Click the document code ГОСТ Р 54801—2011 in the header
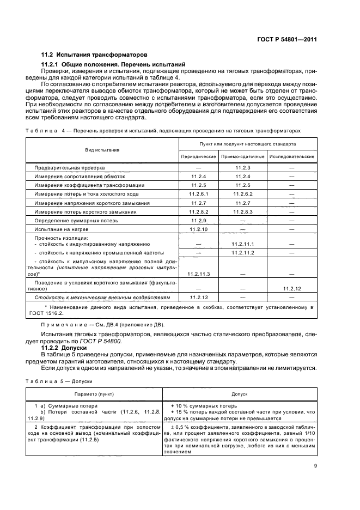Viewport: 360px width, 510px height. [x=287, y=39]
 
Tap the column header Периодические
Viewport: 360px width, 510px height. [x=198, y=156]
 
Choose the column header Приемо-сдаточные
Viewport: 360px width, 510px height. [x=242, y=156]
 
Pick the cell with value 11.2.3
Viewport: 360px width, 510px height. [x=242, y=168]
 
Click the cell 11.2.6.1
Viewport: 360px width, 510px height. [x=198, y=193]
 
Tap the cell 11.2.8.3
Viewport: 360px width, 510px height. [x=242, y=211]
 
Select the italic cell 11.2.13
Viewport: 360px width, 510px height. [x=198, y=297]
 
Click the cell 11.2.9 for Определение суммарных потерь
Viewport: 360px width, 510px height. [x=198, y=220]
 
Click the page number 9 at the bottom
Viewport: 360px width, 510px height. [x=315, y=481]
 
